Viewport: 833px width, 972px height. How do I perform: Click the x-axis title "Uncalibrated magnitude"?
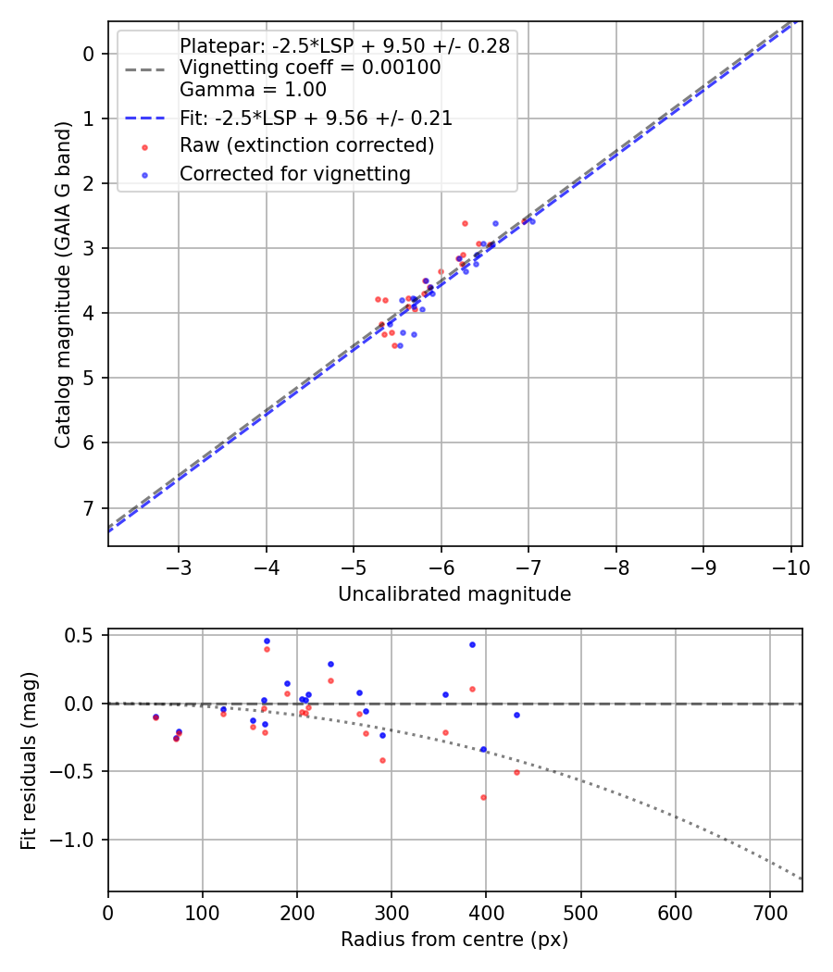point(454,593)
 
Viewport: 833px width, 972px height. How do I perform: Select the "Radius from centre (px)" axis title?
point(454,940)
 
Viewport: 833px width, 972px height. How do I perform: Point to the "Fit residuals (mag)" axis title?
point(29,760)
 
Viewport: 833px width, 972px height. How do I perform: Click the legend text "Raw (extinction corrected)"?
point(306,145)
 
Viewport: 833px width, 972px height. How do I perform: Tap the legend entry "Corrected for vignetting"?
point(295,173)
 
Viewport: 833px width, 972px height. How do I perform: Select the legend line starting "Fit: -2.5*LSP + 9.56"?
point(316,118)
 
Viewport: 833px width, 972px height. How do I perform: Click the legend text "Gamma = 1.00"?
point(253,90)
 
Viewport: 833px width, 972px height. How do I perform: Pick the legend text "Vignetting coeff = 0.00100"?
point(310,68)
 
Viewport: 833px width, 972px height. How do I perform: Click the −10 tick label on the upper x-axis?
point(791,566)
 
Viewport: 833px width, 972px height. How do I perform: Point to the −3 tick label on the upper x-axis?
point(179,566)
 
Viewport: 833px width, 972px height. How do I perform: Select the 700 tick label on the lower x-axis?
point(675,912)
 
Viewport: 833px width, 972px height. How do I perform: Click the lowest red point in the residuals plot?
point(483,797)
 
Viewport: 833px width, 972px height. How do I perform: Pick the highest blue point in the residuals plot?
point(267,641)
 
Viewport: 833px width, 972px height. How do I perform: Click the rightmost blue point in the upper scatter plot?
point(532,221)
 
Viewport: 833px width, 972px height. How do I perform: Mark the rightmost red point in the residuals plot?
point(516,772)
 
